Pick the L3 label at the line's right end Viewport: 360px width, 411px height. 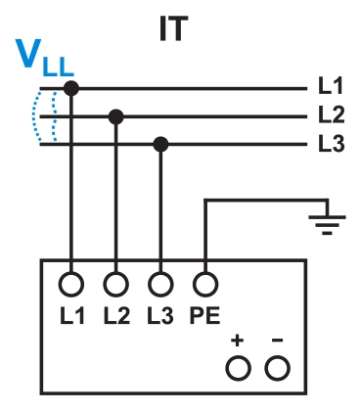(332, 145)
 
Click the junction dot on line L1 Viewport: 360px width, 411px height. (71, 89)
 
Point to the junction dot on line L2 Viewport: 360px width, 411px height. (116, 116)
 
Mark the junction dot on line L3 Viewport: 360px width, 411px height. (161, 145)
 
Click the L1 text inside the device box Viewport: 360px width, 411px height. (71, 317)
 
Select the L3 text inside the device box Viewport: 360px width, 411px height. (161, 317)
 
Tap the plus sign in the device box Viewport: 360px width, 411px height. (237, 342)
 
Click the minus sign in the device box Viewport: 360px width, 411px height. (279, 342)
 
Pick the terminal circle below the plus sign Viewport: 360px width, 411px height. (237, 368)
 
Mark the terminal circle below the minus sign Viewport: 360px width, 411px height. (280, 368)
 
